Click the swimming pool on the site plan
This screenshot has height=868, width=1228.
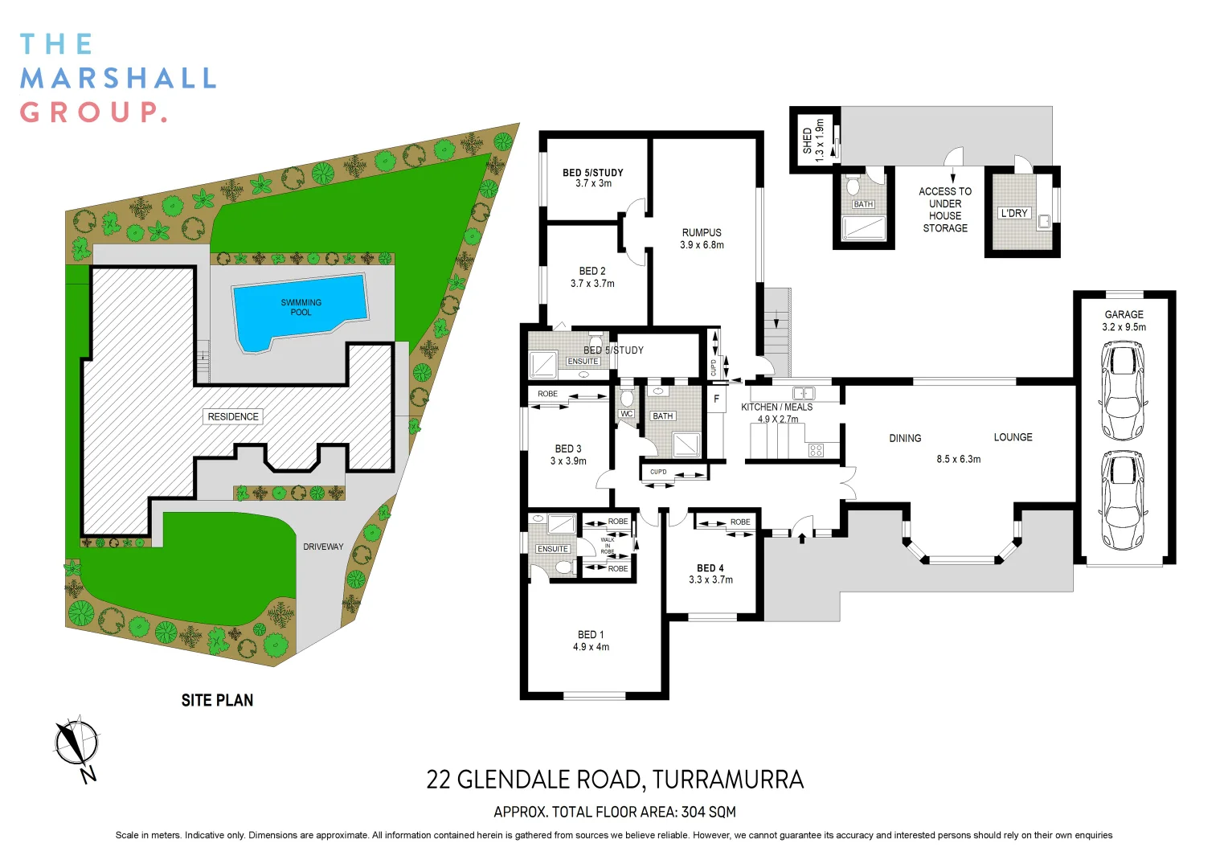(300, 310)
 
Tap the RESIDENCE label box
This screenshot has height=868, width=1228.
(233, 417)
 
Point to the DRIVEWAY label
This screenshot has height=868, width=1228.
(323, 547)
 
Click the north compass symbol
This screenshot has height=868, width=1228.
(77, 744)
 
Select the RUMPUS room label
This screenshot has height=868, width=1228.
(702, 232)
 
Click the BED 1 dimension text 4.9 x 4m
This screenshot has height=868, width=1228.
(591, 647)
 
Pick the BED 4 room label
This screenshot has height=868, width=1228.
(710, 568)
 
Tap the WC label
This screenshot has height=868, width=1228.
(627, 414)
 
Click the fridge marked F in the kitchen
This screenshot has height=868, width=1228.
(717, 399)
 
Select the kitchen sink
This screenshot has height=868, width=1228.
(804, 393)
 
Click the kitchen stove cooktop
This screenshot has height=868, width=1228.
(816, 450)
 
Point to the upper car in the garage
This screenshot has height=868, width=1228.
(1123, 391)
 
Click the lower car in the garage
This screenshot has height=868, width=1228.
(1123, 500)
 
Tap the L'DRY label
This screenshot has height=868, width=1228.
(1013, 213)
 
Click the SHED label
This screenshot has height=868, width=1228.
(807, 141)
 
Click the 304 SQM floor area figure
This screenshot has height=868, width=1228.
(708, 812)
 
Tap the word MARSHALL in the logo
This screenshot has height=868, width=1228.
(118, 79)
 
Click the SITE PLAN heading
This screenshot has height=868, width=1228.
(217, 700)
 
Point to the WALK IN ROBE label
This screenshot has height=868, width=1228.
(608, 546)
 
